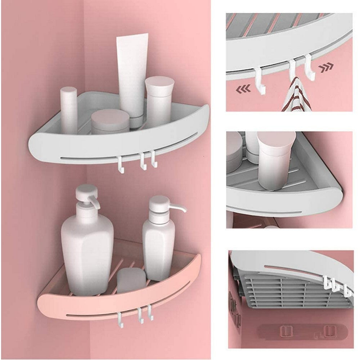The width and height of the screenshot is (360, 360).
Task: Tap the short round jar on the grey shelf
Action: click(x=110, y=122)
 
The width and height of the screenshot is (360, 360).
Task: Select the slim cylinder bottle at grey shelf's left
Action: click(x=69, y=110)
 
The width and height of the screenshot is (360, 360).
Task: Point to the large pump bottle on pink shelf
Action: click(x=87, y=248)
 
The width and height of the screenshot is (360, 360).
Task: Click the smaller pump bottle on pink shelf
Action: click(x=158, y=245)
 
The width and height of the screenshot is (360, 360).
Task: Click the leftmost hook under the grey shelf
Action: click(x=120, y=164)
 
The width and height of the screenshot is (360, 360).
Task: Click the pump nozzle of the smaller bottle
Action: click(x=179, y=208)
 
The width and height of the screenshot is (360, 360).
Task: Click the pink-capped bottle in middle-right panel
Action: click(x=275, y=158)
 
